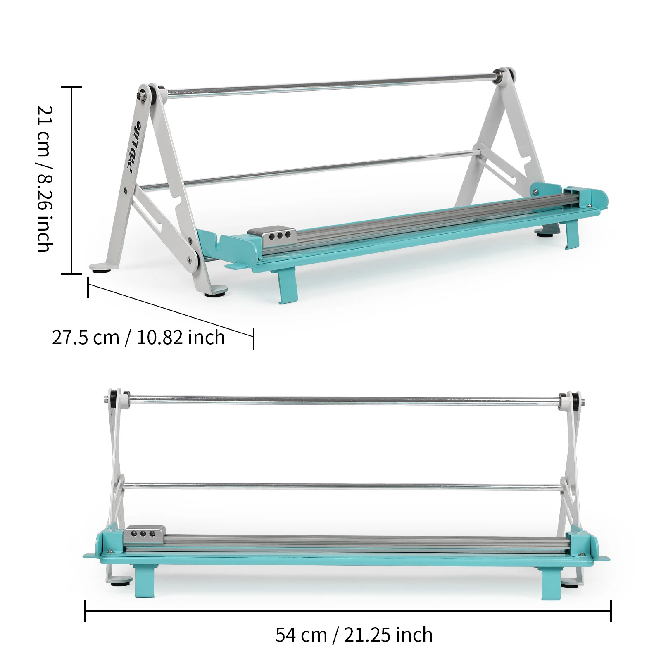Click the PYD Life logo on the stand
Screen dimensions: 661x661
[x=134, y=147]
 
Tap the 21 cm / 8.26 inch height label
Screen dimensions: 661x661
[x=45, y=179]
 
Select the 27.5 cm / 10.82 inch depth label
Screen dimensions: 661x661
[x=138, y=338]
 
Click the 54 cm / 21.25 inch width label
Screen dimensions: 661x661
[x=354, y=635]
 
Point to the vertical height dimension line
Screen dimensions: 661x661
[x=72, y=180]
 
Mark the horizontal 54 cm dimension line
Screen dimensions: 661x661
[x=348, y=611]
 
